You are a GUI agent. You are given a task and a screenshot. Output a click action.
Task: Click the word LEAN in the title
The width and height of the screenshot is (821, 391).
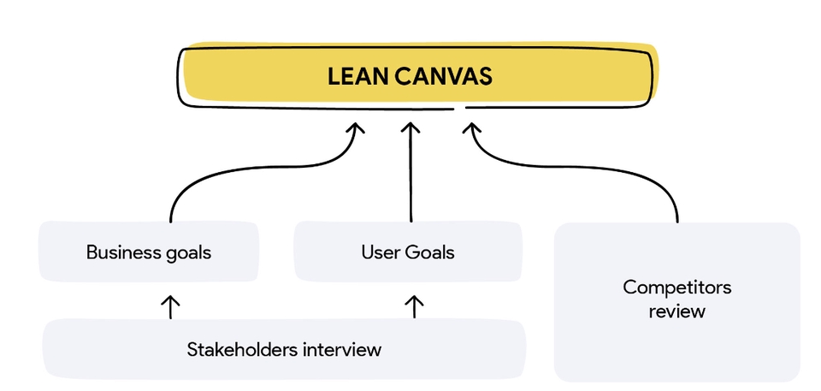(x=358, y=76)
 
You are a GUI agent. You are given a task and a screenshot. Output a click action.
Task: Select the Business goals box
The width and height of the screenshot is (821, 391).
(x=149, y=252)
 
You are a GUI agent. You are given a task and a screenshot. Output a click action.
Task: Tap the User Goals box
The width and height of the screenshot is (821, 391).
(x=407, y=252)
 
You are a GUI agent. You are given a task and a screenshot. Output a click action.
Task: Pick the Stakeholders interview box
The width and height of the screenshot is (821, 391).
(x=284, y=349)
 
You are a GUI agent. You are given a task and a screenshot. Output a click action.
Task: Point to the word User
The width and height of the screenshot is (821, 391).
(x=379, y=252)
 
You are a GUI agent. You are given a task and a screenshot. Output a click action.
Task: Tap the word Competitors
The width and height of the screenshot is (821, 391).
(x=676, y=287)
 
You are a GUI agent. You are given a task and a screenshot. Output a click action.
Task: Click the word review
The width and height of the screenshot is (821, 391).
(x=676, y=311)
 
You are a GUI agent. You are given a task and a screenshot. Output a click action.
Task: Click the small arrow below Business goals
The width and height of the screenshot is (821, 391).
(x=170, y=305)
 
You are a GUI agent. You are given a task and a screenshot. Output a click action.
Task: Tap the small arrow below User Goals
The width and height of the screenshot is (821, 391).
(x=414, y=305)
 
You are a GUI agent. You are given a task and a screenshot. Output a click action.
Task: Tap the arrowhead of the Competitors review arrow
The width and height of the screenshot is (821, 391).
(x=471, y=129)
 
